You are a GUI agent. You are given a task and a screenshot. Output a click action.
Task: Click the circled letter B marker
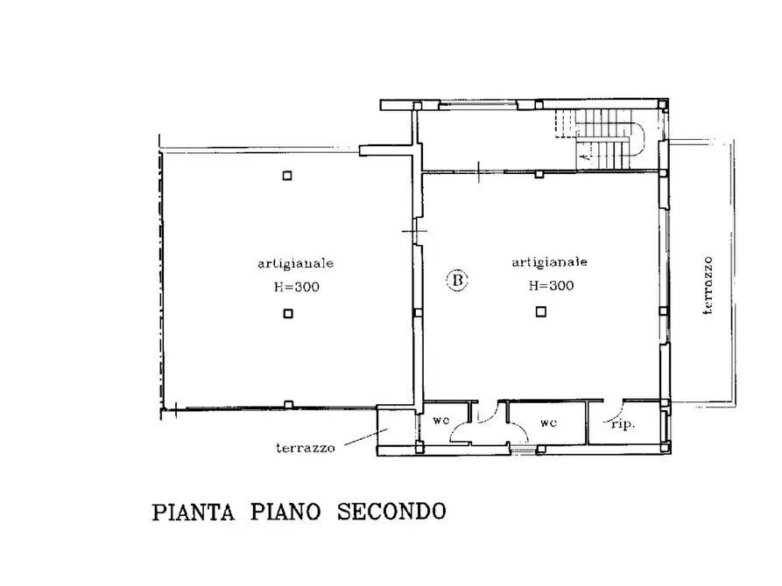click(458, 281)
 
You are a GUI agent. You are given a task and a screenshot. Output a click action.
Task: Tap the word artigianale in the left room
click(294, 262)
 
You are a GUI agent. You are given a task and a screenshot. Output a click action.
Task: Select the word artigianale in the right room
click(550, 262)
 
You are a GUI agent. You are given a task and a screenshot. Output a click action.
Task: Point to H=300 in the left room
click(294, 286)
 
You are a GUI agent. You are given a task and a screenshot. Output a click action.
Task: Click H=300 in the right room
click(550, 285)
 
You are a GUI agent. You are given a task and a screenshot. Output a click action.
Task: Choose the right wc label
click(548, 422)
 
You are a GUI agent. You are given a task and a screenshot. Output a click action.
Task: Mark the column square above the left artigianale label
click(286, 176)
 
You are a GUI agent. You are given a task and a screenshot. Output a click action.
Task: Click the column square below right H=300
click(540, 311)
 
